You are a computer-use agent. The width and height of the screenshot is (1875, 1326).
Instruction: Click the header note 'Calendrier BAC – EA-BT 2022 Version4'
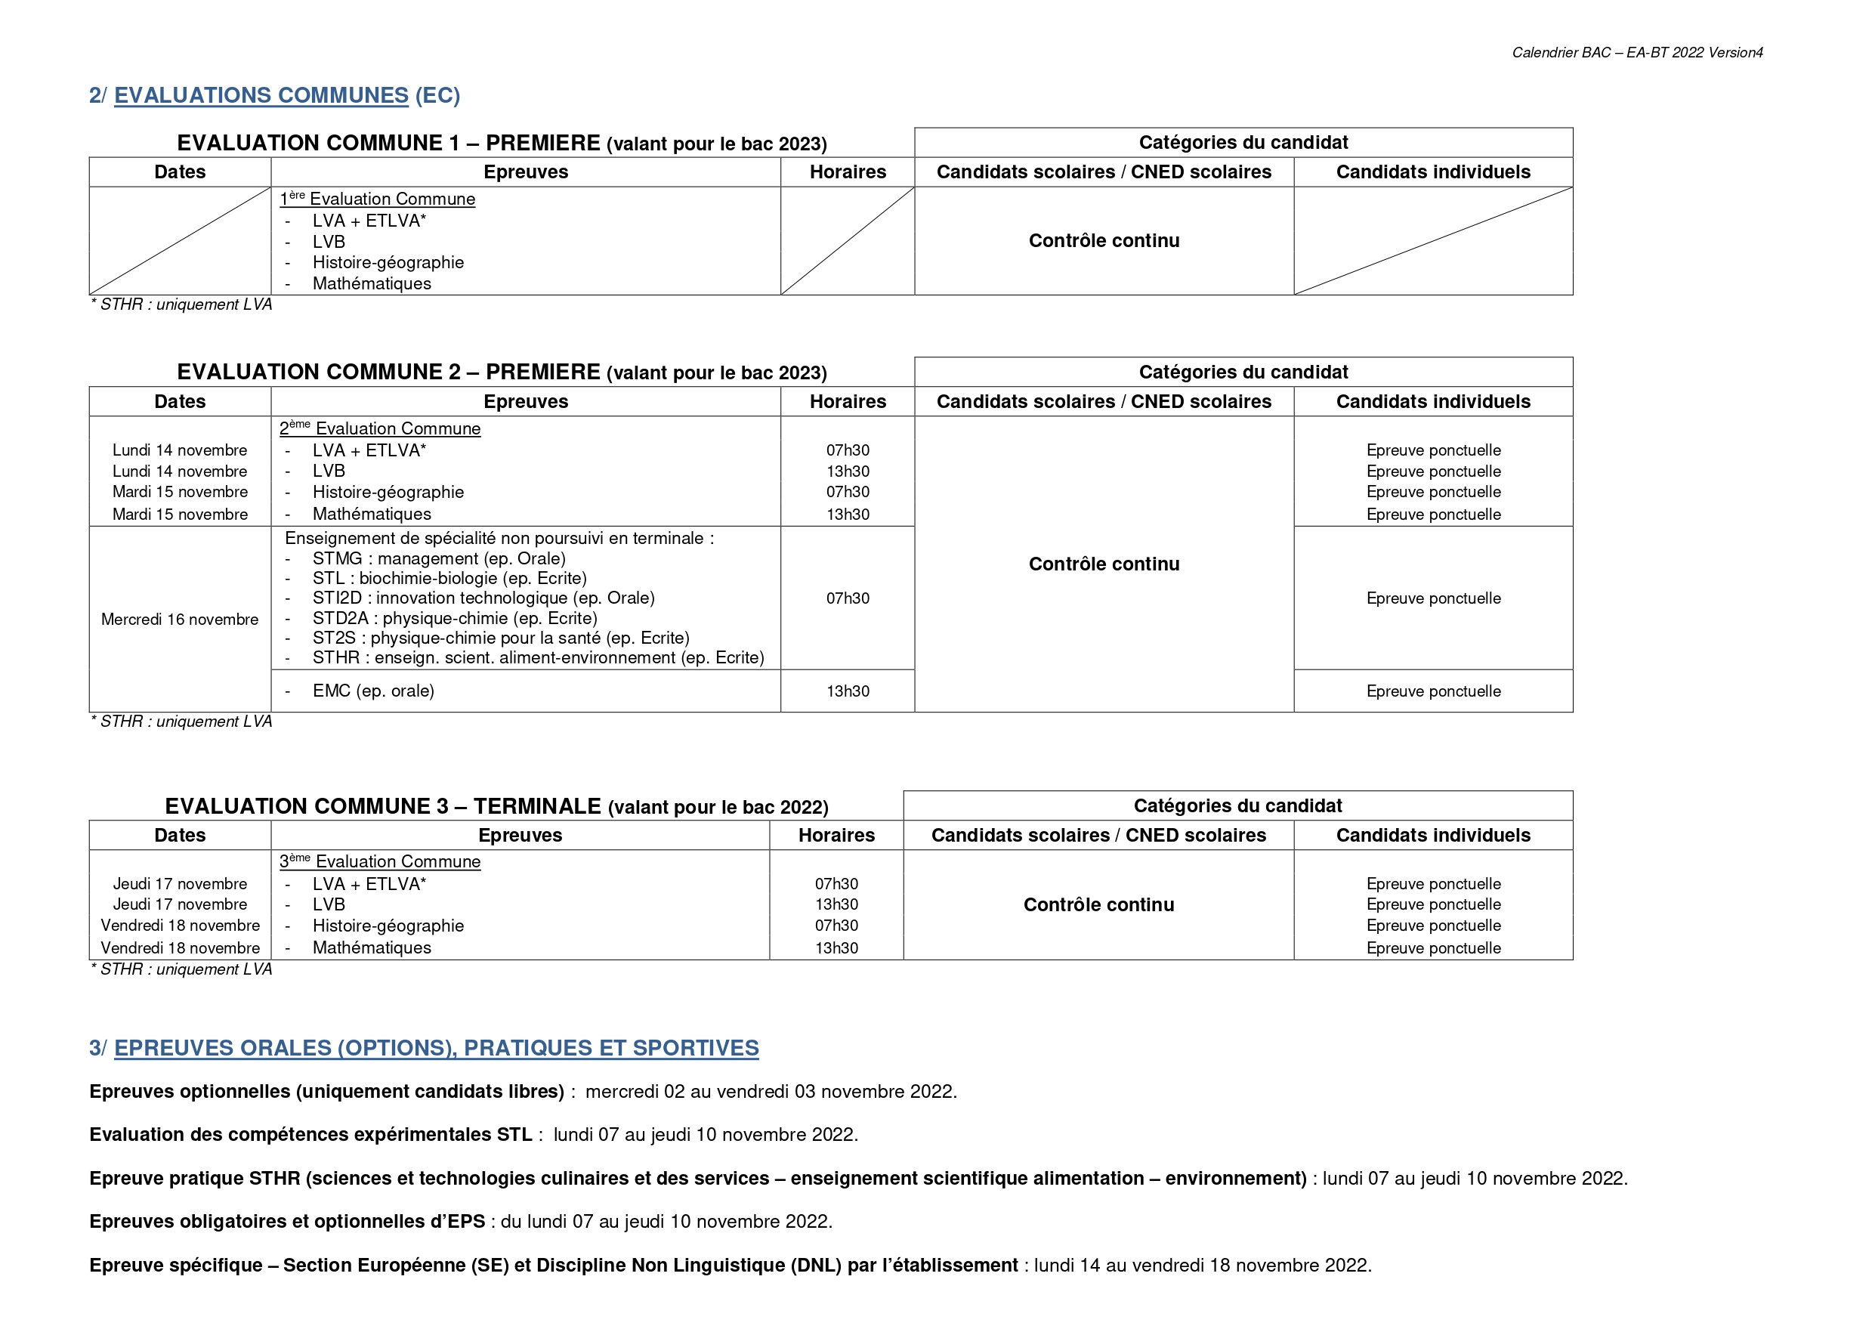click(1636, 53)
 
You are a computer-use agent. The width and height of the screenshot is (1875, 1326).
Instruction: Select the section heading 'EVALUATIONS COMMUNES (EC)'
click(286, 96)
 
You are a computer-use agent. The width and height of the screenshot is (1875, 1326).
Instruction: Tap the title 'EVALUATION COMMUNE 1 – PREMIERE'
click(389, 143)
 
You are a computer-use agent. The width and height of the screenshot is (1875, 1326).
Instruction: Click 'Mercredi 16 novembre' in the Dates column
click(180, 620)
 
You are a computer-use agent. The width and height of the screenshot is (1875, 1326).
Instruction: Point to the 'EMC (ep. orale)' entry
click(373, 691)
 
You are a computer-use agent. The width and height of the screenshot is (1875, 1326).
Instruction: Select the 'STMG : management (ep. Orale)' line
click(439, 559)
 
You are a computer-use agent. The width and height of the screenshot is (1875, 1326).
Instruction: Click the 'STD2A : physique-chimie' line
click(455, 619)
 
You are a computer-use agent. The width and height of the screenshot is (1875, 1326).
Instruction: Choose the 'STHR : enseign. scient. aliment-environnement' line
click(538, 657)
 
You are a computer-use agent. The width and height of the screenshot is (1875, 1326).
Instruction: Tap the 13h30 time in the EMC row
click(848, 691)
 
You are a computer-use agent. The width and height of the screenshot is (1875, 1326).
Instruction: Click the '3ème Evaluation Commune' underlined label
click(381, 861)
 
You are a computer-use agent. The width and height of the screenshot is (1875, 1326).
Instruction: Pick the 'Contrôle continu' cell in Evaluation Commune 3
click(1098, 904)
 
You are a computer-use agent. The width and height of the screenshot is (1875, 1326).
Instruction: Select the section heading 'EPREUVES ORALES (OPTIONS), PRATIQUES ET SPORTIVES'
click(436, 1048)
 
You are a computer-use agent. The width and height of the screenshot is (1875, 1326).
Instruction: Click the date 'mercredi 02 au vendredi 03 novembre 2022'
click(770, 1092)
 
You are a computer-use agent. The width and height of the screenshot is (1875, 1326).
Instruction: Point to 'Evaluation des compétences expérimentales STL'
click(310, 1135)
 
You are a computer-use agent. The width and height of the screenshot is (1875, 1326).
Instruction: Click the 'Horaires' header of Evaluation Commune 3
click(836, 835)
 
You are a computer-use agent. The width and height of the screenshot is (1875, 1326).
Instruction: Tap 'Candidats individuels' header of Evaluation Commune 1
click(1433, 172)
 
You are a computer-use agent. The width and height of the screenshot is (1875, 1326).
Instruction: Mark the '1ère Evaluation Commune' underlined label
click(377, 199)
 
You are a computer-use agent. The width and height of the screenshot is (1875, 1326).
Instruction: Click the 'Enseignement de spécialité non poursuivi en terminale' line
click(499, 539)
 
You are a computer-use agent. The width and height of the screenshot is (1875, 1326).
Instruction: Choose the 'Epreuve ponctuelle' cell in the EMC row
click(1433, 691)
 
